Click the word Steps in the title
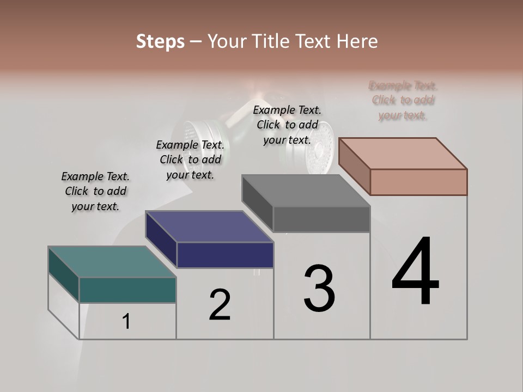[x=160, y=41]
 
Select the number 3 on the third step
[x=319, y=289]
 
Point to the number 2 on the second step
[x=220, y=305]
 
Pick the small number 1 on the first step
[x=126, y=321]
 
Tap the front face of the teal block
[x=127, y=290]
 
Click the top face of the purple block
[x=209, y=226]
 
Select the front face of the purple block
[x=225, y=255]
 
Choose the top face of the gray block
[x=306, y=191]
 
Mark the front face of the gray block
[x=321, y=219]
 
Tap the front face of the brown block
[x=418, y=182]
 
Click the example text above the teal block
[x=95, y=191]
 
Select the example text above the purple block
[x=190, y=160]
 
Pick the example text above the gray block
[x=287, y=125]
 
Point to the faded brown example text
[x=403, y=100]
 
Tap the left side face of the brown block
[x=354, y=167]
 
